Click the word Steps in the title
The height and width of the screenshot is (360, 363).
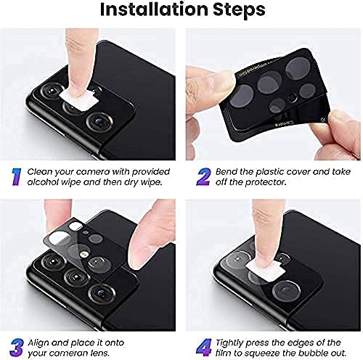237,11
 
